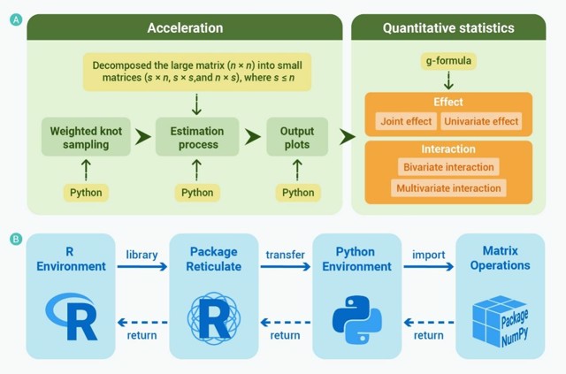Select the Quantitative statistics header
pyautogui.click(x=447, y=28)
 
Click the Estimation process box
pyautogui.click(x=196, y=137)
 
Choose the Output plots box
pyautogui.click(x=297, y=137)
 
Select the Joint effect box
pyautogui.click(x=404, y=119)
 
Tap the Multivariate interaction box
pyautogui.click(x=448, y=187)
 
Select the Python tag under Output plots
pyautogui.click(x=297, y=192)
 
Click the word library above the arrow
pyautogui.click(x=141, y=255)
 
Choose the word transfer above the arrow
pyautogui.click(x=284, y=255)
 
